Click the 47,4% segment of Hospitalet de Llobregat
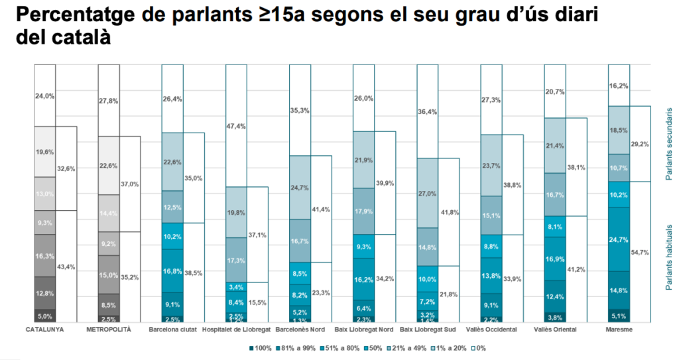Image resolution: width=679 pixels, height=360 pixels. (x=236, y=126)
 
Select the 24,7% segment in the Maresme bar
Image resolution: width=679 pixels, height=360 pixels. (x=619, y=239)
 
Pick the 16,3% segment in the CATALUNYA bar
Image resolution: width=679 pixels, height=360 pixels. (x=45, y=255)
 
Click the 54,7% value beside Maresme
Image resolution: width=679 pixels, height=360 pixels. (x=641, y=253)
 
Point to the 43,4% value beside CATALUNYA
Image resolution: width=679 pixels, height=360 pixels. (x=66, y=266)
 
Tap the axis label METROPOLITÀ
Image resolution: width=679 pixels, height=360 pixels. (x=109, y=330)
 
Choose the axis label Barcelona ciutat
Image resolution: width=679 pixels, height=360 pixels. (x=172, y=330)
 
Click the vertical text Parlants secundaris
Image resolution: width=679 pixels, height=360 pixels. (x=669, y=144)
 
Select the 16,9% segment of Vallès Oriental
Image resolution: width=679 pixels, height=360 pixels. (x=555, y=259)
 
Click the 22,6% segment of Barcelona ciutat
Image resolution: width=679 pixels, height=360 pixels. (x=172, y=161)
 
